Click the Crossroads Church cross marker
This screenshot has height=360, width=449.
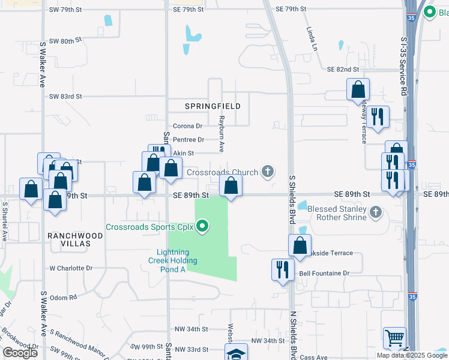pos(268,172)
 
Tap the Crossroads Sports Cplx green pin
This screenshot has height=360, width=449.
pos(203,226)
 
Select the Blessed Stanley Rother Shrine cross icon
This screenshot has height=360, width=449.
pos(376,212)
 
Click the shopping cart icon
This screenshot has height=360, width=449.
pos(394,338)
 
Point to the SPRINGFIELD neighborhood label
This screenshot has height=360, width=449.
pos(212,106)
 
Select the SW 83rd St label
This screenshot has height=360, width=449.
pos(65,96)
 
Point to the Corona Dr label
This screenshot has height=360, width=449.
pos(188,126)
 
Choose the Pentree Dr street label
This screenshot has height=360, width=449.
pos(188,139)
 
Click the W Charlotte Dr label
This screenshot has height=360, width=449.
pos(71,268)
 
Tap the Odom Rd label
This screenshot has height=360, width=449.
pos(64,297)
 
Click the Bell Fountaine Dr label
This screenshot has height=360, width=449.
pos(324,273)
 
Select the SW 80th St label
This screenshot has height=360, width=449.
pos(65,41)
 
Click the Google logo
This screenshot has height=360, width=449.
pos(20,352)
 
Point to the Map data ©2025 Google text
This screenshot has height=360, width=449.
pos(411,355)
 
